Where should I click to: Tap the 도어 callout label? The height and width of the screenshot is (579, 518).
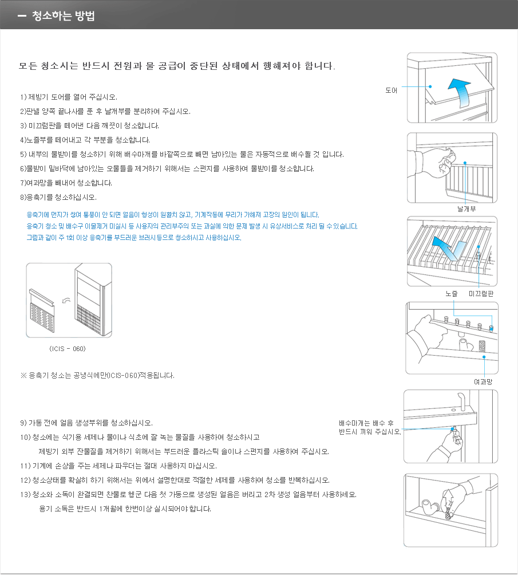click(x=392, y=90)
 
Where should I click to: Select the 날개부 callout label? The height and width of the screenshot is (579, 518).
click(x=466, y=209)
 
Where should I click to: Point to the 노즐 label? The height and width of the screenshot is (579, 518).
click(x=452, y=293)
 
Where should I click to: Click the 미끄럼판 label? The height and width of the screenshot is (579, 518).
click(x=481, y=293)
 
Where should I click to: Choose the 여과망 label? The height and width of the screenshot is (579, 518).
click(x=484, y=381)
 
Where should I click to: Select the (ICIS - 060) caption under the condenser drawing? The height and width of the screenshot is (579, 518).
click(x=68, y=348)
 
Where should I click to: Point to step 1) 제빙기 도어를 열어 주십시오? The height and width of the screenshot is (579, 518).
click(x=69, y=97)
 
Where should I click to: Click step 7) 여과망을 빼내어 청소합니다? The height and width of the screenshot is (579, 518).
click(x=66, y=183)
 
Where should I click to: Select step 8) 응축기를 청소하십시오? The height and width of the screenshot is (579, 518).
click(x=58, y=198)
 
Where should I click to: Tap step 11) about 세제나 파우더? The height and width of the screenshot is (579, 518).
click(x=118, y=465)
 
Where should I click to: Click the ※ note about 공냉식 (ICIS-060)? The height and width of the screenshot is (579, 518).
click(x=97, y=376)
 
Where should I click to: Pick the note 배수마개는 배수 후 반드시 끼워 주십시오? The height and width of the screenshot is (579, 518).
click(x=369, y=427)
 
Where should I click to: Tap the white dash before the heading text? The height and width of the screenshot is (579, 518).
click(x=22, y=16)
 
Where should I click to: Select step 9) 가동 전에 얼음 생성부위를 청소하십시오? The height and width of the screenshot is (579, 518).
click(x=86, y=423)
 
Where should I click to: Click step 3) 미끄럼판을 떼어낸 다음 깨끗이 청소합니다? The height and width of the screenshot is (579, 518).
click(x=90, y=125)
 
